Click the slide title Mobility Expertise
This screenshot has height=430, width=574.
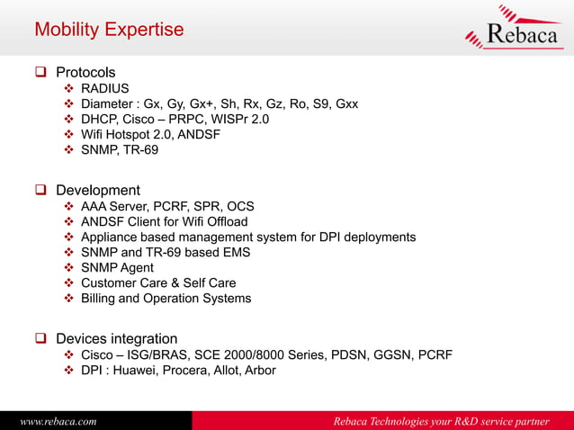coord(108,30)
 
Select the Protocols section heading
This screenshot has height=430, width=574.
coord(85,72)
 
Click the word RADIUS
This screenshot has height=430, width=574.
coord(105,88)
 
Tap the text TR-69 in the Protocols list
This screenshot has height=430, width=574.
coord(140,149)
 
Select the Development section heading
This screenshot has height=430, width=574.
coord(97,190)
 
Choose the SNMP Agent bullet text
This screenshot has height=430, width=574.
coord(117,267)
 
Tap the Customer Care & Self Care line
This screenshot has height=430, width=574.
coord(158,282)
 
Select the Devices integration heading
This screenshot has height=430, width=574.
coord(116,338)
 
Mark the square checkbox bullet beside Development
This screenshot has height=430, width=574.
coord(40,191)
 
